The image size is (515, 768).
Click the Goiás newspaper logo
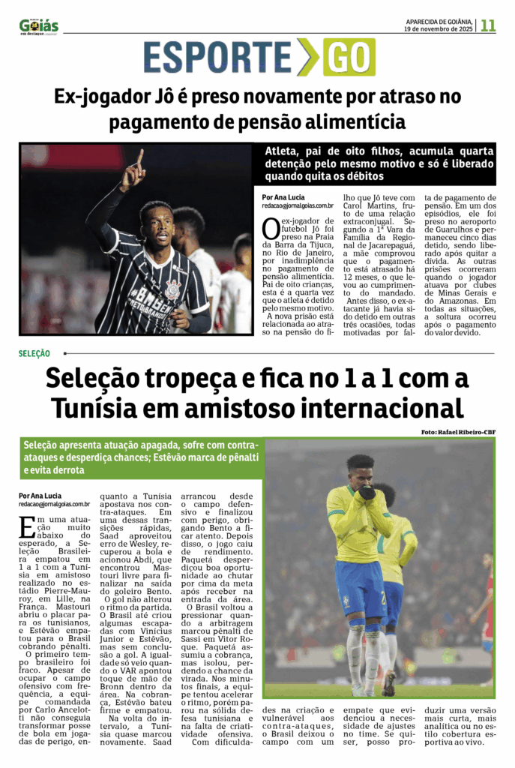click(39, 25)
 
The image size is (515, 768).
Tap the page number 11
click(489, 25)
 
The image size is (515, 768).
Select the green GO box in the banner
click(349, 58)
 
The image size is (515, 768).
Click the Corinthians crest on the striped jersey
click(172, 286)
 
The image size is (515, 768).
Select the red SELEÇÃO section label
click(34, 352)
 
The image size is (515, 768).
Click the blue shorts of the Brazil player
click(360, 587)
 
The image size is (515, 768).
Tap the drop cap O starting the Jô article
click(270, 226)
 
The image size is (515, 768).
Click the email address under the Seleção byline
click(55, 505)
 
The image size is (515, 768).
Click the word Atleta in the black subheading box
click(282, 151)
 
